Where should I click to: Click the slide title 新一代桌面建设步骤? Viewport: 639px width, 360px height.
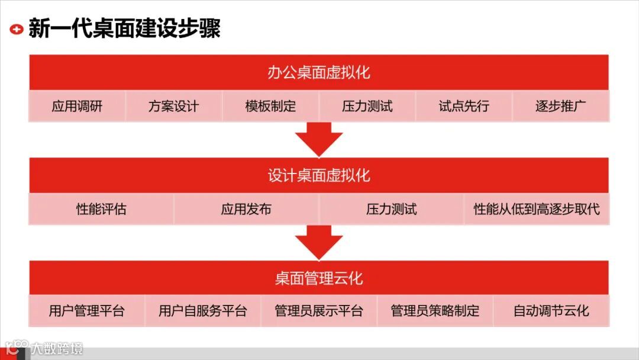[124, 28]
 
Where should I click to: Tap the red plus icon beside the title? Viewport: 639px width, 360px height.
[17, 28]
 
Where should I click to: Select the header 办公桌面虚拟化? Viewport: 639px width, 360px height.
[319, 72]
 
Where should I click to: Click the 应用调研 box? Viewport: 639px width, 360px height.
[77, 107]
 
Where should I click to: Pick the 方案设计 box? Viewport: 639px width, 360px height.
[173, 107]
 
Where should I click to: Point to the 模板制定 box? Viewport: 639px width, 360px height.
[270, 107]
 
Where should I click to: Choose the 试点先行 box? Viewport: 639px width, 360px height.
[464, 107]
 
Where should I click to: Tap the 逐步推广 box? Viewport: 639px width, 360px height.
[560, 107]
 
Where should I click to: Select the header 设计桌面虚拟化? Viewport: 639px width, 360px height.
[319, 175]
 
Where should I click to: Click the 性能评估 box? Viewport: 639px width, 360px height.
[101, 209]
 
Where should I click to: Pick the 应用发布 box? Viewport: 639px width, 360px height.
[246, 209]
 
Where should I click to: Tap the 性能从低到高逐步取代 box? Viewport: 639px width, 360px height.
[536, 209]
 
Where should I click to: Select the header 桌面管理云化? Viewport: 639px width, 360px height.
[319, 278]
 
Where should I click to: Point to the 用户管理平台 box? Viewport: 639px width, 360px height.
[86, 311]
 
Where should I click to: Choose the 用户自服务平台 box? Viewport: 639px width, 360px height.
[202, 311]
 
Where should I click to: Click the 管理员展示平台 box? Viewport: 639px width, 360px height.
[319, 311]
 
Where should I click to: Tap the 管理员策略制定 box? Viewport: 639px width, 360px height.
[435, 311]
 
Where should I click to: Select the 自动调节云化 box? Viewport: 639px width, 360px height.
[551, 311]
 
